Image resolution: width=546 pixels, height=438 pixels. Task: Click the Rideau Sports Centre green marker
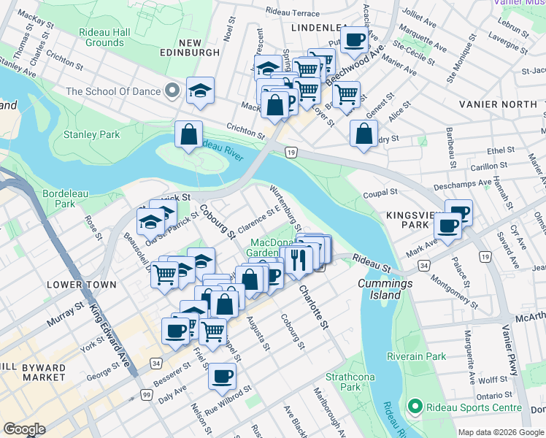coord(415,406)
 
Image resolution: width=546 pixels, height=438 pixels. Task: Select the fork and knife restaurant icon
coord(297,259)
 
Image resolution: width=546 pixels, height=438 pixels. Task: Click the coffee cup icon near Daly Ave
coord(222,377)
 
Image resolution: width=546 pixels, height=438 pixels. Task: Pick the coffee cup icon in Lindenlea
coord(355,40)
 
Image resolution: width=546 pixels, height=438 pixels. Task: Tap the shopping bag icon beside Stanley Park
coord(188,135)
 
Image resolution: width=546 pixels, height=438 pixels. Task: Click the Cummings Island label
coord(380,289)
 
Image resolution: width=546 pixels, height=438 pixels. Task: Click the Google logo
coord(24,429)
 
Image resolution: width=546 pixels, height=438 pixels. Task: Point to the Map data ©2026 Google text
coord(501,432)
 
